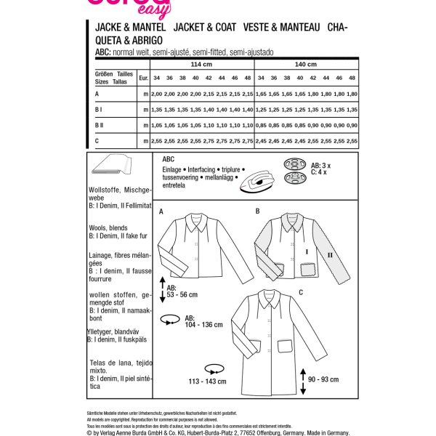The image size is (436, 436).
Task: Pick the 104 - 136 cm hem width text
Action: pyautogui.click(x=185, y=323)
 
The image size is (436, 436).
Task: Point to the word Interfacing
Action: pyautogui.click(x=209, y=168)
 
